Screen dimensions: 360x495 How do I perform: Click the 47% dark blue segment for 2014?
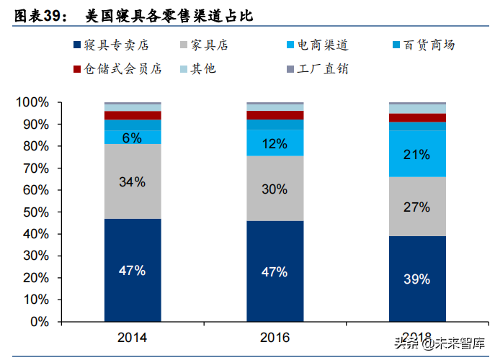133,271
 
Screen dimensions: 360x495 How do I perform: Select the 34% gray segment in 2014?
133,181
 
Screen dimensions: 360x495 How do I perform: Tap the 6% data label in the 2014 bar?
133,138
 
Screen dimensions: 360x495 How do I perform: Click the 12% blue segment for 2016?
275,143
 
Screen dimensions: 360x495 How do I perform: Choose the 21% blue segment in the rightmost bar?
417,154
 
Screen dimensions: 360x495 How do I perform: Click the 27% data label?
417,207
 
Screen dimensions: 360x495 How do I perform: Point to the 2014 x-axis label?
133,337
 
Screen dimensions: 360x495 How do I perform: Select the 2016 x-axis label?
275,337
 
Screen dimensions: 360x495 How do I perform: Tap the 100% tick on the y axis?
32,103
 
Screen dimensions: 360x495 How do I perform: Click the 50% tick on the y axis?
35,212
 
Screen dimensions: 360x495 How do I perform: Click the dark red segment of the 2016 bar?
275,115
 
